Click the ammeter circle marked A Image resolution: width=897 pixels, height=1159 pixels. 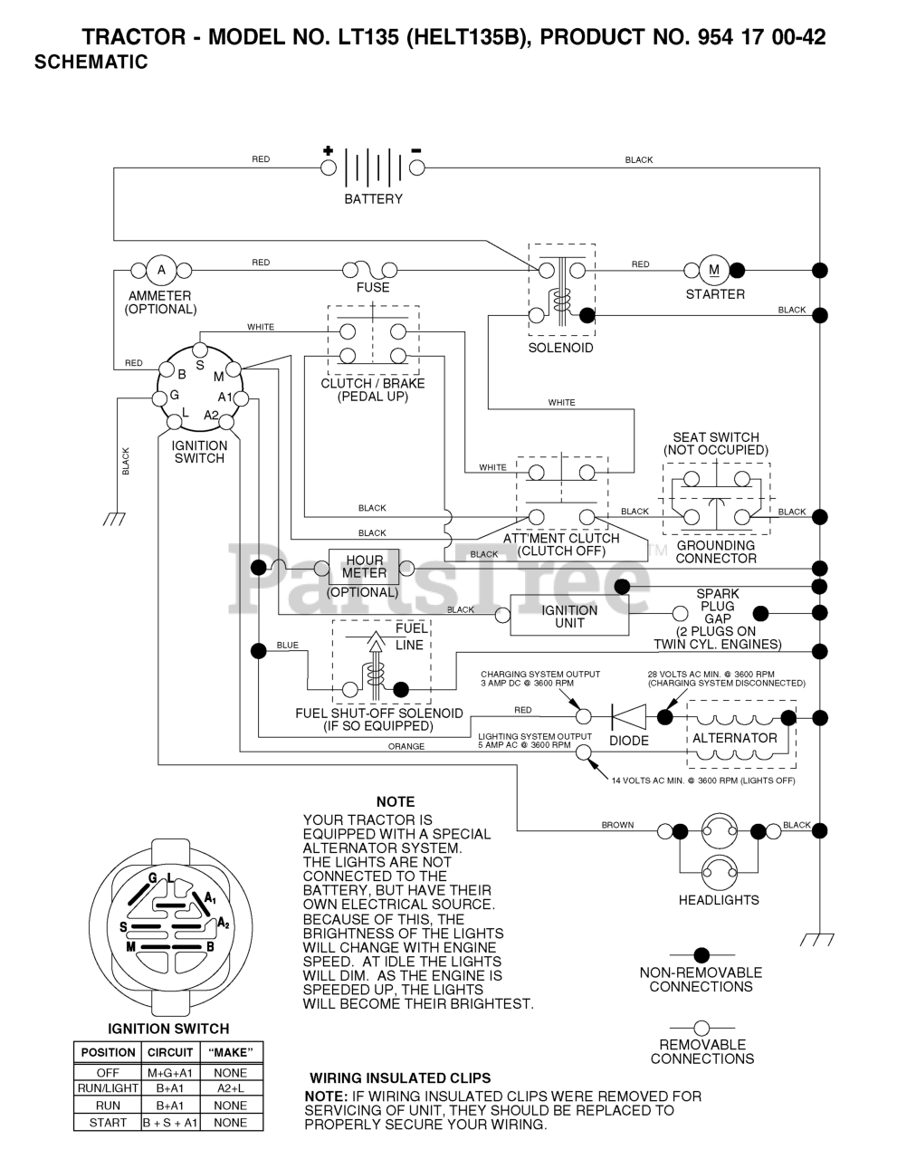coord(161,270)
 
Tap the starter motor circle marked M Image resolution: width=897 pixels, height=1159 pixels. coord(713,270)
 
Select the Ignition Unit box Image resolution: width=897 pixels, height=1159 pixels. coord(569,616)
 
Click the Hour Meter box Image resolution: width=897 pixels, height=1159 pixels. coord(364,568)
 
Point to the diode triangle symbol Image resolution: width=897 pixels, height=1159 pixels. coord(629,716)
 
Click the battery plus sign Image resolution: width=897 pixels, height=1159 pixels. coord(329,151)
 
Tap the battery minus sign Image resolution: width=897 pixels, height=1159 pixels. coord(415,151)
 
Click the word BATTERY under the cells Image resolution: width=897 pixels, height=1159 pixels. coord(373,199)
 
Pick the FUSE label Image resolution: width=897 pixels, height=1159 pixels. coord(373,287)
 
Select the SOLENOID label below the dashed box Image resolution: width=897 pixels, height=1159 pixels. coord(560,348)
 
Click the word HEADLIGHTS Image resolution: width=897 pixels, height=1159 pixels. coord(719,900)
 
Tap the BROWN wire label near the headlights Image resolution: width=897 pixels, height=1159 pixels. coord(617,825)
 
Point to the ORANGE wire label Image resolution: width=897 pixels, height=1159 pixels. coord(406,746)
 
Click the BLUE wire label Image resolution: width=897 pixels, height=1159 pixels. coord(287,645)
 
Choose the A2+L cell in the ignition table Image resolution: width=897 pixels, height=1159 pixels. coord(231,1088)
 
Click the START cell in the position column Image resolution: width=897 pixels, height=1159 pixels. coord(108,1123)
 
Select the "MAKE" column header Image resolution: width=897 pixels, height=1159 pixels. coord(231,1052)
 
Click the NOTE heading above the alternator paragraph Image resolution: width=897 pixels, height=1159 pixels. coord(396,801)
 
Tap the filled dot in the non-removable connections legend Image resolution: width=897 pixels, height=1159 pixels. coord(701,954)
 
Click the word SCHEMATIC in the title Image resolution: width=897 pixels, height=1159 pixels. coord(91,62)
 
